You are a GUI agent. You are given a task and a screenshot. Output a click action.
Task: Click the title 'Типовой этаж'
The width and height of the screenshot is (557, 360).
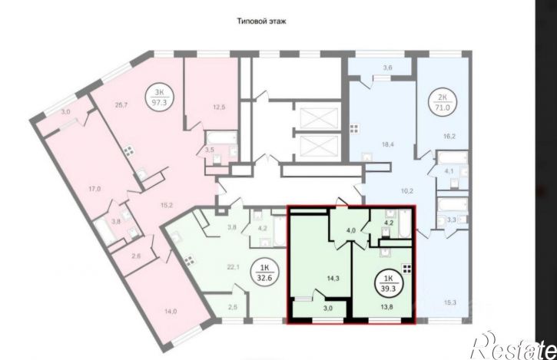point(262,21)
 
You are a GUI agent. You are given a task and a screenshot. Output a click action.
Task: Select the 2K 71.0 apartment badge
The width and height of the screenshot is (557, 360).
point(443,101)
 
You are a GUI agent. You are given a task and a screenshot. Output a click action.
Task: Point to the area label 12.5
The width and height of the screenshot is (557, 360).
point(219,107)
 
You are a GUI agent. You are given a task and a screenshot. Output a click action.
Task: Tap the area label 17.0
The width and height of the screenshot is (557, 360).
point(94,189)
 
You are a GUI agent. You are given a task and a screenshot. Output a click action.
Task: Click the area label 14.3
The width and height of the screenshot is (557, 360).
point(333,279)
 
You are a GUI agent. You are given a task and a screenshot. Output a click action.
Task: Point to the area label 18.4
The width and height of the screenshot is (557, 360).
point(389,144)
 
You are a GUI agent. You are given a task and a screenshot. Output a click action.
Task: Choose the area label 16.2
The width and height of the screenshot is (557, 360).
point(449,136)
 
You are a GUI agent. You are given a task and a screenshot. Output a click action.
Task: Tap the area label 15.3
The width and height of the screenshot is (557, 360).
point(449,302)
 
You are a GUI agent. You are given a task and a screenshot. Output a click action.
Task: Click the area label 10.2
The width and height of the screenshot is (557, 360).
point(406,190)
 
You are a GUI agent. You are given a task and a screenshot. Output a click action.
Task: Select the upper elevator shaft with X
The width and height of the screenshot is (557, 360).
point(319,117)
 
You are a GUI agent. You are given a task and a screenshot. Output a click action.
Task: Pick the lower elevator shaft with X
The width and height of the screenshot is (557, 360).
point(319,147)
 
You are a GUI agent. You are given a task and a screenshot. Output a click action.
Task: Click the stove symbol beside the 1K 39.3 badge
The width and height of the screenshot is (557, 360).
point(406,269)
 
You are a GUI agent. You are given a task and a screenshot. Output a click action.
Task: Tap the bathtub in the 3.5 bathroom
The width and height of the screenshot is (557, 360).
point(221,137)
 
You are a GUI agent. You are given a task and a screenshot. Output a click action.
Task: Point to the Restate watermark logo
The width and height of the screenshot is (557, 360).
point(513,345)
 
